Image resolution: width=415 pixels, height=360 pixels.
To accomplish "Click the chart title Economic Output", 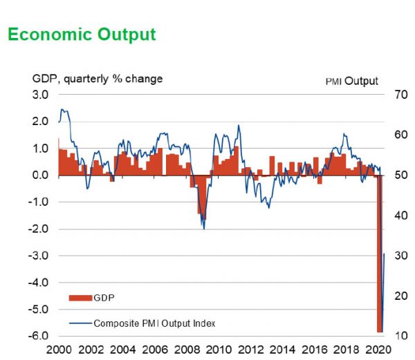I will tap(82, 35).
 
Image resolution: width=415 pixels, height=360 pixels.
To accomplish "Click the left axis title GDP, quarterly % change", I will tap(98, 79).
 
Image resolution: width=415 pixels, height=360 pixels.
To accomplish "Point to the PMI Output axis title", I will tap(352, 81).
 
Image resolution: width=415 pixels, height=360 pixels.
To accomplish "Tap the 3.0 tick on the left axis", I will tap(41, 95).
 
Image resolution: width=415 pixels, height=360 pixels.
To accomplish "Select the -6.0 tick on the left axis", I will tap(39, 337).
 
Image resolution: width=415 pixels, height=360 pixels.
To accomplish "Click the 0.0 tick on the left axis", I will tap(41, 176).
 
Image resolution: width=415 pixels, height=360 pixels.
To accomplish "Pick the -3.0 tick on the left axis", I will tap(39, 256).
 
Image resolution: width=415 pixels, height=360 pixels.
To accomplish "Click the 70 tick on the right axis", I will tap(394, 95).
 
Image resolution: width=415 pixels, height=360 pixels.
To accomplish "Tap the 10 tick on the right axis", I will tap(394, 337).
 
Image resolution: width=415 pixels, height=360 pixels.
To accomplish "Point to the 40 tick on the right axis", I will tap(394, 216).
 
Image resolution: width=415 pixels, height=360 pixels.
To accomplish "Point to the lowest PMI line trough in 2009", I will tap(203, 229).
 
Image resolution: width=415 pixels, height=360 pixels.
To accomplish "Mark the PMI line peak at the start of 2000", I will tap(62, 109).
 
